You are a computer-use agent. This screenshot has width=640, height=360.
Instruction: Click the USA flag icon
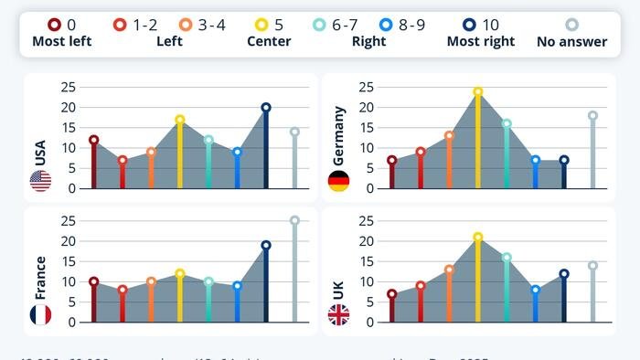[40, 181]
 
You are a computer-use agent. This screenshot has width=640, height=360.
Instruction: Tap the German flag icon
[338, 181]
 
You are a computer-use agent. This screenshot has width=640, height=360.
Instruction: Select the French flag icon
[40, 315]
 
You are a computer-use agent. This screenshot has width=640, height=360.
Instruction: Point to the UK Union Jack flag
[338, 315]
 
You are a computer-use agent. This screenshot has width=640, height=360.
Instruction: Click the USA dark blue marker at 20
[266, 107]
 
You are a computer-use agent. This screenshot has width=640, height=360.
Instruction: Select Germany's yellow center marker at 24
[477, 91]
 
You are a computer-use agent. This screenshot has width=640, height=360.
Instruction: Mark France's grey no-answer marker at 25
[294, 220]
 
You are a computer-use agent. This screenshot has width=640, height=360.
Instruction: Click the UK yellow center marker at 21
[477, 237]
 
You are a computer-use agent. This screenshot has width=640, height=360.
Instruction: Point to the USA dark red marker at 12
[93, 140]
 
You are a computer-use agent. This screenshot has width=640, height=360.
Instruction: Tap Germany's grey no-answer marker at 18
[592, 115]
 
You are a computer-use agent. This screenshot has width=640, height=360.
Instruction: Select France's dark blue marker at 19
[266, 245]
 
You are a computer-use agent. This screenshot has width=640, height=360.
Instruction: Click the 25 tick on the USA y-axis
[68, 87]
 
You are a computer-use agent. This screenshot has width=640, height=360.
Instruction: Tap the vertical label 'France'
[40, 278]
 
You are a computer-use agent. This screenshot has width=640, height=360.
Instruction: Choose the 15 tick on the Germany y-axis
[366, 127]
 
